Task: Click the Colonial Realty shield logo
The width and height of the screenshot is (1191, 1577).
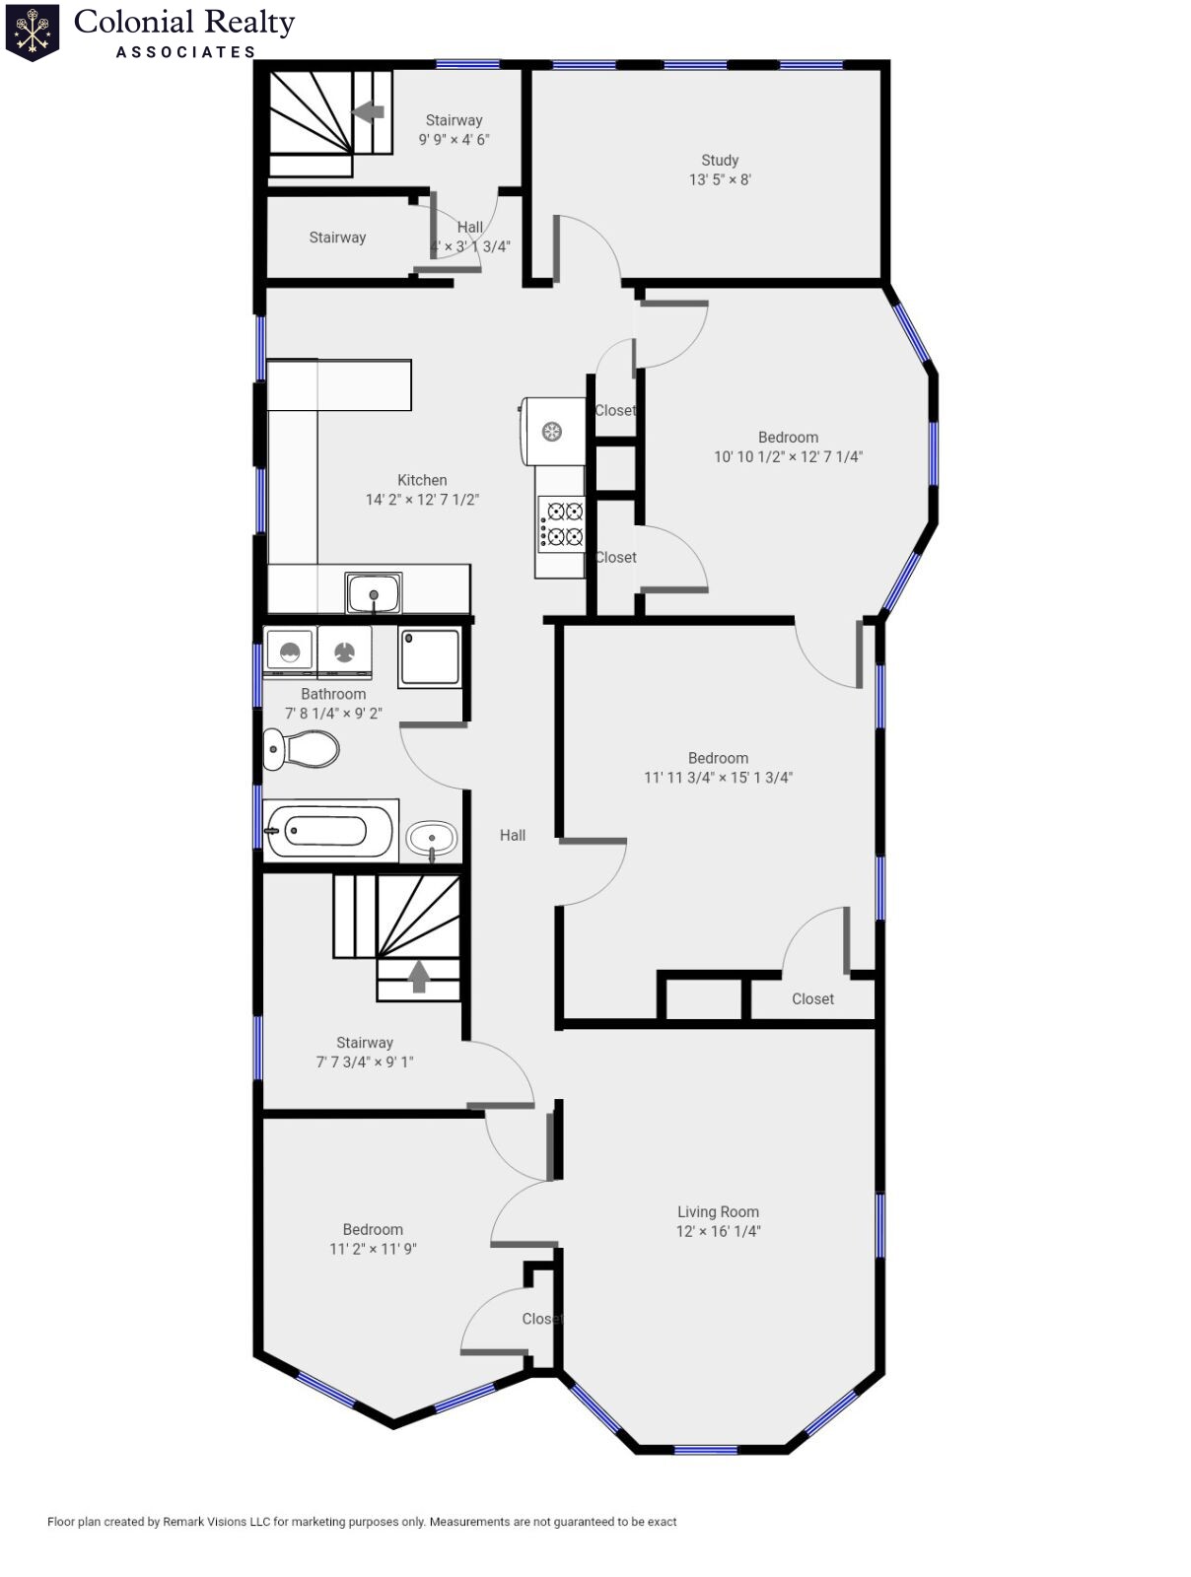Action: tap(33, 33)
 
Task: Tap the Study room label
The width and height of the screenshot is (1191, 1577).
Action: tap(720, 160)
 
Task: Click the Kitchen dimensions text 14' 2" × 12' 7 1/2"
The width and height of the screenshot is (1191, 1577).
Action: tap(422, 500)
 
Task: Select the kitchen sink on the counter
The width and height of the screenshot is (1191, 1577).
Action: tap(374, 593)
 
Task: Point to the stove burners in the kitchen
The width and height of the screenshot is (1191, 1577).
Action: tap(561, 524)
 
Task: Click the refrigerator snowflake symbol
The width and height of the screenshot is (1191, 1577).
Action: tap(552, 431)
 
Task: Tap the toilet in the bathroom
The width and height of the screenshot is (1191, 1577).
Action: tap(302, 749)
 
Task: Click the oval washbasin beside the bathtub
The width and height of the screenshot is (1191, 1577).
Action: tap(432, 840)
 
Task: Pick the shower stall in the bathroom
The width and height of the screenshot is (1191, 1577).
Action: tap(430, 656)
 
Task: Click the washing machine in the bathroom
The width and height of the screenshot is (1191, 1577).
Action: tap(290, 651)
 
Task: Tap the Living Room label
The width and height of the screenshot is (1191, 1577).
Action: tap(718, 1212)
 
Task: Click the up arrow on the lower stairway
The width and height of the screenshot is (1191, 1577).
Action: tap(419, 976)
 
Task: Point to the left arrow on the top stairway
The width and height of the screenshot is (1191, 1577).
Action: tap(369, 111)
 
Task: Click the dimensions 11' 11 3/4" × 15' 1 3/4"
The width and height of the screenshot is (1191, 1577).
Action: tap(718, 778)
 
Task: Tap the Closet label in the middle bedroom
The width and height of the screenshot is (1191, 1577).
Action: tap(812, 998)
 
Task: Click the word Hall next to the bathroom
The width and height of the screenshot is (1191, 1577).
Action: tap(513, 835)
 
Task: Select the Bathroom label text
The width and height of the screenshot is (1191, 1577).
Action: tap(333, 694)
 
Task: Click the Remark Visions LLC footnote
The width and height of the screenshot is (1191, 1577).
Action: tap(362, 1522)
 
